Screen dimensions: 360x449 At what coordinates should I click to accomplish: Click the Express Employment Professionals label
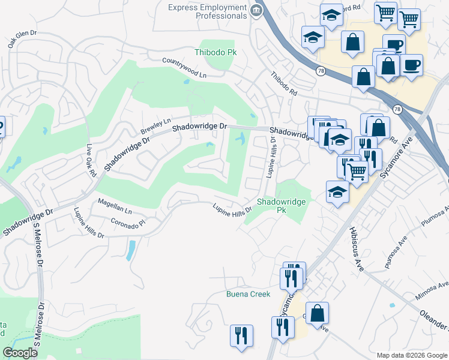(208, 11)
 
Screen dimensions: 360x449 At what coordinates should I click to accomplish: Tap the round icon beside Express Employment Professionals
(256, 10)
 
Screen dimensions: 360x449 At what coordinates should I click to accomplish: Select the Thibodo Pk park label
(215, 52)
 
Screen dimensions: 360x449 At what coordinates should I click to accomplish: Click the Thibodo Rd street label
(283, 84)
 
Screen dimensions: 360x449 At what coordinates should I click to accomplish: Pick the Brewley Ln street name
(155, 125)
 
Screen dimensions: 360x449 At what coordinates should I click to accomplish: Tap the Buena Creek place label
(248, 294)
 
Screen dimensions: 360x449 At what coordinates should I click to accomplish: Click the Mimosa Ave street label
(431, 290)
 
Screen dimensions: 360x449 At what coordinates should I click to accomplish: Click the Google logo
(20, 353)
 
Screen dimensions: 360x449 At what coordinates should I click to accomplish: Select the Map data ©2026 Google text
(411, 355)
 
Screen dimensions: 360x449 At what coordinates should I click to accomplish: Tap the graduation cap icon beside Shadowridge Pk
(337, 193)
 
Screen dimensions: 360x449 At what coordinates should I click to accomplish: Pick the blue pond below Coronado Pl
(130, 250)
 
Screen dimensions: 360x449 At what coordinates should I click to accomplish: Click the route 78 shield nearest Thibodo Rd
(322, 70)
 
